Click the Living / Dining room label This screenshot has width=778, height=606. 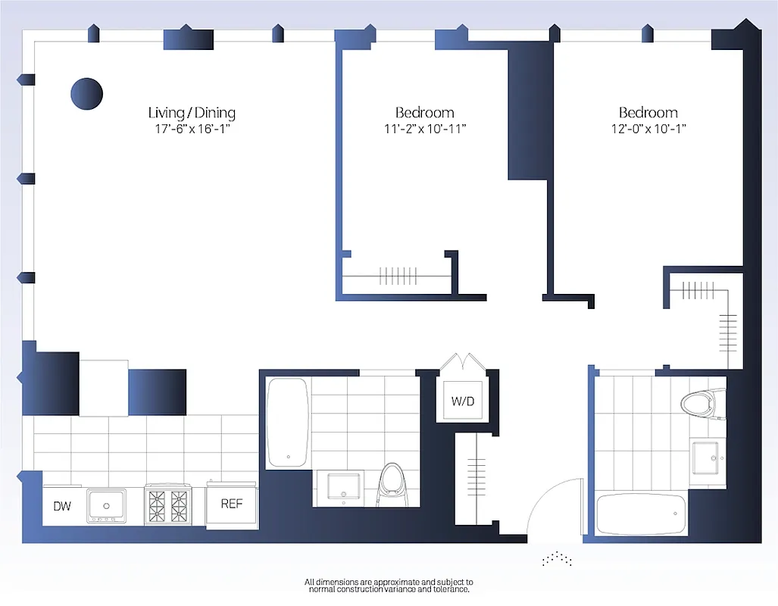click(x=192, y=113)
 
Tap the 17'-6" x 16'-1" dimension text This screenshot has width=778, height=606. click(x=192, y=129)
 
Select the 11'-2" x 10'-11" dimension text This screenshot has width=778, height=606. click(x=425, y=129)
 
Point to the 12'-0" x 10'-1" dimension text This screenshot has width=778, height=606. click(x=648, y=129)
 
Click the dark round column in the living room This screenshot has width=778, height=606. click(x=86, y=93)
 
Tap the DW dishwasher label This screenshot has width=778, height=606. click(x=62, y=505)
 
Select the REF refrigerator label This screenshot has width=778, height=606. click(x=231, y=503)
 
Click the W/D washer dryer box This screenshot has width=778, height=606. click(x=463, y=401)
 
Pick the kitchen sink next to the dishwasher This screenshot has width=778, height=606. click(x=106, y=504)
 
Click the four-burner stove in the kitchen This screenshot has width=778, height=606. click(x=168, y=504)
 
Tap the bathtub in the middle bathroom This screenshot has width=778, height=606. click(x=287, y=423)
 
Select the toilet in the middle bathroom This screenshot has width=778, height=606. click(x=394, y=485)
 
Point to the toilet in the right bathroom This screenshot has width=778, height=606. click(x=703, y=402)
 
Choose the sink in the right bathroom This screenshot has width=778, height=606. click(x=708, y=457)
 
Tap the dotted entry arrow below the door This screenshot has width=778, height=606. click(x=558, y=559)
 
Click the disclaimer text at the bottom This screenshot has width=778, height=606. click(x=389, y=585)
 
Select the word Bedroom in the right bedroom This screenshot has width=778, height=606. click(x=648, y=113)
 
